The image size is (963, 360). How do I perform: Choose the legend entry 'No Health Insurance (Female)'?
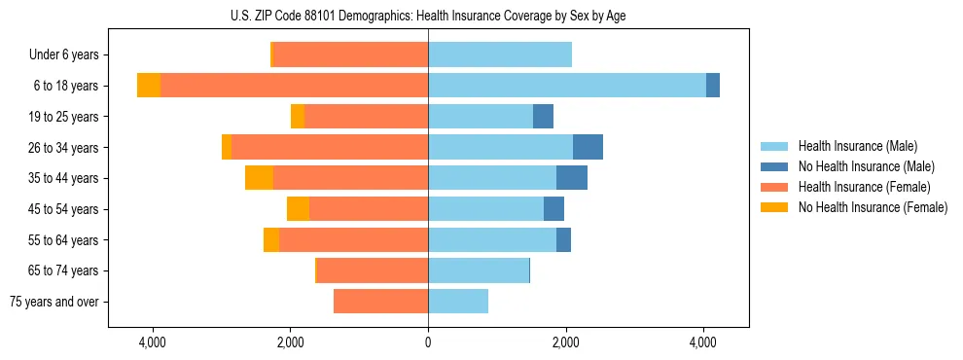[873, 207]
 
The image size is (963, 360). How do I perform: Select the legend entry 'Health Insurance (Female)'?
[864, 187]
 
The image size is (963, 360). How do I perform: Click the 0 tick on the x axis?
[428, 342]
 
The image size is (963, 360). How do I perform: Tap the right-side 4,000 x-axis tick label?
[703, 342]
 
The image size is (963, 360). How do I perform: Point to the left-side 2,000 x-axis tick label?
[291, 342]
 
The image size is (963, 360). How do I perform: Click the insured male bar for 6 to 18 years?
[567, 86]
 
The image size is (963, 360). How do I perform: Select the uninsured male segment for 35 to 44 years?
[572, 178]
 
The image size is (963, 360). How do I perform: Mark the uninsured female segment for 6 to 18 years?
[149, 86]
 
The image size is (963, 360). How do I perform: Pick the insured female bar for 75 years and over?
[380, 302]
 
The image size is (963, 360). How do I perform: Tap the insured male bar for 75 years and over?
[458, 302]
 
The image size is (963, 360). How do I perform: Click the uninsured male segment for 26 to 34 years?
[588, 147]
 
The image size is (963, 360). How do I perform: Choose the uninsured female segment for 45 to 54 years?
[298, 209]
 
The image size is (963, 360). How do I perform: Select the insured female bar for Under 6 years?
[351, 55]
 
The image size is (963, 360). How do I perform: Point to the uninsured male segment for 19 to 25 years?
[543, 117]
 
